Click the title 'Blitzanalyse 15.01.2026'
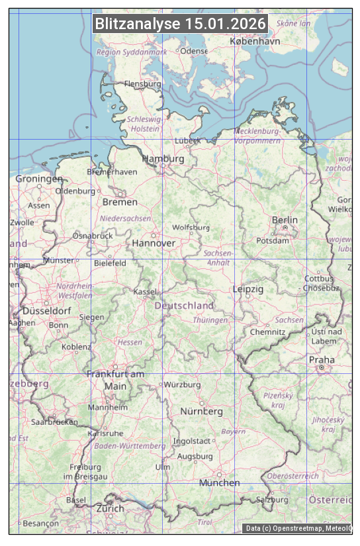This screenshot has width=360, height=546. tap(180, 24)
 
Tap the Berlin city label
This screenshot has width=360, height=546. tap(285, 220)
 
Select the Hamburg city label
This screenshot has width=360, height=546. tap(163, 159)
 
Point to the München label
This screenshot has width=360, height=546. tap(219, 482)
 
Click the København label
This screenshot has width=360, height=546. tap(255, 41)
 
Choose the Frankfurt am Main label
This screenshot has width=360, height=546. tap(115, 380)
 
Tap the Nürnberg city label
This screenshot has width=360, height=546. tap(202, 412)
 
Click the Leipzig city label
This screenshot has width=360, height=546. tap(248, 289)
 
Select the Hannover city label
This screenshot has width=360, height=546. tap(154, 243)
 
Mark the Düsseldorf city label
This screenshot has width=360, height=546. tap(47, 310)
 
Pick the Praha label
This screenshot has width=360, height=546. tap(322, 360)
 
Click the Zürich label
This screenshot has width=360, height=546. tap(110, 508)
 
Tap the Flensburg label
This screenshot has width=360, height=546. tap(143, 84)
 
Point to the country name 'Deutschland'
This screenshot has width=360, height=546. tap(184, 306)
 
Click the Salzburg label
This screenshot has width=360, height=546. tap(272, 500)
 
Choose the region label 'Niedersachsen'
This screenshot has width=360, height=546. tap(125, 218)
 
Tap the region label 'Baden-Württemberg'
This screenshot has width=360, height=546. tap(130, 446)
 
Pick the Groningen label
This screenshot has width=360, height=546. tap(39, 179)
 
